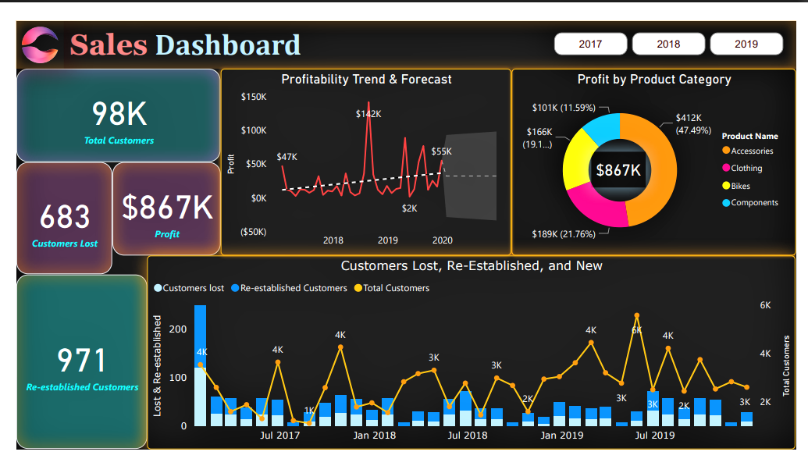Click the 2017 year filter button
590,44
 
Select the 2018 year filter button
668,44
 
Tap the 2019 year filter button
746,44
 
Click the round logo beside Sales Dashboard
41,44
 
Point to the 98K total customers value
119,114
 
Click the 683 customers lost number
65,217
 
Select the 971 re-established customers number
82,361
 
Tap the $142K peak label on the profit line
368,114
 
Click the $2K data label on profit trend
410,208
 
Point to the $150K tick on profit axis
253,97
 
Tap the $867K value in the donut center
618,170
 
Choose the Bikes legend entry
746,186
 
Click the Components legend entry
753,203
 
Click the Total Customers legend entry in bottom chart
396,288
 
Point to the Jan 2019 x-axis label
561,435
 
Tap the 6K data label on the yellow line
636,330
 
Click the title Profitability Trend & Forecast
366,80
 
